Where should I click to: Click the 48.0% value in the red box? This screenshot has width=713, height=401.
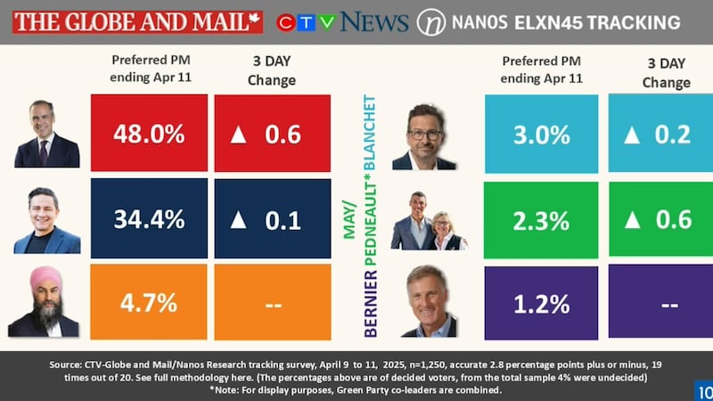tap(149, 134)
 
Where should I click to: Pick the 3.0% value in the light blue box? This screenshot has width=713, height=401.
tap(541, 134)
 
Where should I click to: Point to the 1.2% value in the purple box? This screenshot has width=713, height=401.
tap(541, 302)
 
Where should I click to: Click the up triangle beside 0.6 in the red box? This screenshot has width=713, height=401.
tap(238, 135)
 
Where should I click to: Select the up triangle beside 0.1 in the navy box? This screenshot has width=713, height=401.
tap(238, 219)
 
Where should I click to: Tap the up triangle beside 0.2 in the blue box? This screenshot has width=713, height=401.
tap(632, 135)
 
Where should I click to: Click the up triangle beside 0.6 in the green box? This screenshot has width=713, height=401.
tap(632, 219)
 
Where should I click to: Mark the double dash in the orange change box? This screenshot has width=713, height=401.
tap(273, 302)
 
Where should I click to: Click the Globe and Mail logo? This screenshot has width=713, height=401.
tap(138, 20)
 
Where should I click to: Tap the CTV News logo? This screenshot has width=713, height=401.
tap(342, 21)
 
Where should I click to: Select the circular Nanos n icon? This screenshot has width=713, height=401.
tap(431, 21)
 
